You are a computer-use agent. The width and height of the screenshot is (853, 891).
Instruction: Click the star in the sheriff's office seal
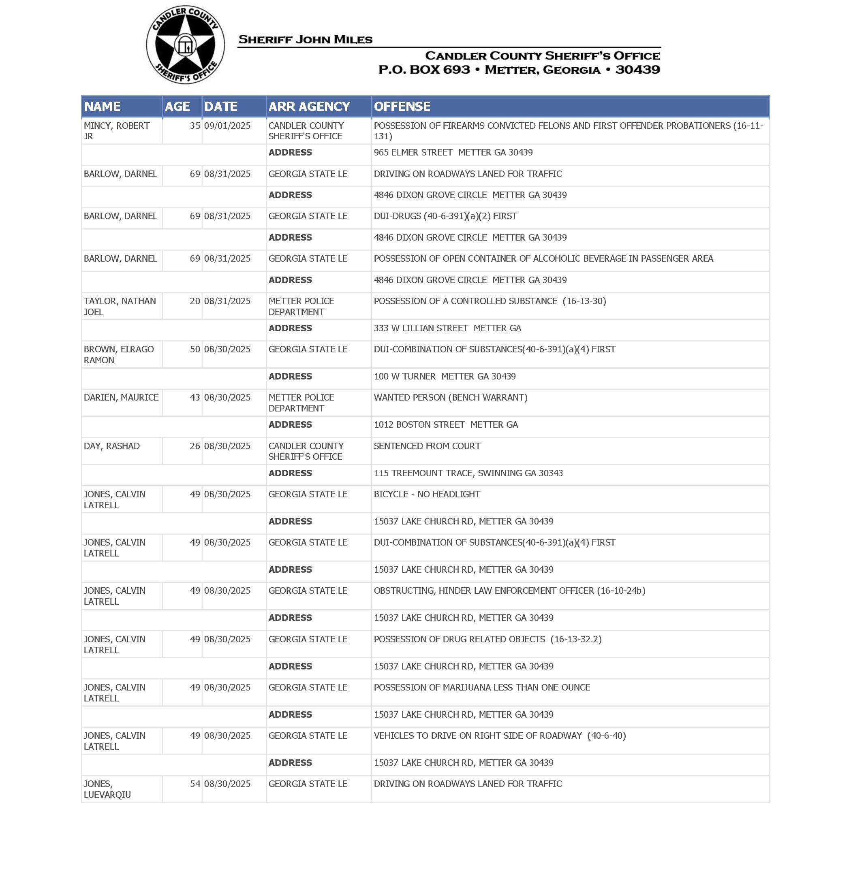(x=185, y=45)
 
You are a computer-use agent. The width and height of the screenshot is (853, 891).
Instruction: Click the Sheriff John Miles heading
(x=305, y=40)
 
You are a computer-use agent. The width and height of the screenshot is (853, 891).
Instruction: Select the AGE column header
(x=177, y=107)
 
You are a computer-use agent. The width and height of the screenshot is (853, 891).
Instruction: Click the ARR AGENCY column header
(x=309, y=107)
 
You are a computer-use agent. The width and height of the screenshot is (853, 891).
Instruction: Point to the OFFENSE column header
(x=402, y=107)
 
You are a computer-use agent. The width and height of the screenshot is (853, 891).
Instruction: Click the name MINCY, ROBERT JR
(x=116, y=131)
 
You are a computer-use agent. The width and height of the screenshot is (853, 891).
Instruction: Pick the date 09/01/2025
(x=227, y=126)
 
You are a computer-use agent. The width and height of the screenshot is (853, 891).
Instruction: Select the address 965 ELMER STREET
(x=453, y=153)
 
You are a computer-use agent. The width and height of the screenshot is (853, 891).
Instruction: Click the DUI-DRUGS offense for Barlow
(x=445, y=216)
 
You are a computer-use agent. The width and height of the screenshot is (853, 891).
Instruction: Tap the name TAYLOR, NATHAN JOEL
(x=120, y=306)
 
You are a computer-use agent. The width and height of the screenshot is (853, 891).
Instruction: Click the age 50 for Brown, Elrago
(x=195, y=350)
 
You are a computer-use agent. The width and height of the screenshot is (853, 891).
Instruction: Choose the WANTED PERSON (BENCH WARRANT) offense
(x=451, y=398)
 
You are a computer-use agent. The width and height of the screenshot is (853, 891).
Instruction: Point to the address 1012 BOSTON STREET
(x=446, y=425)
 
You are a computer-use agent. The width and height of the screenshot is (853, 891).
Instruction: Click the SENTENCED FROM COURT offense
(x=427, y=446)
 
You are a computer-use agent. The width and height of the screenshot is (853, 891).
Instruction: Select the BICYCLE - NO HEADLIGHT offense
(x=426, y=495)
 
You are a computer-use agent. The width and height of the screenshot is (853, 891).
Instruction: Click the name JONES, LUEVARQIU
(x=107, y=789)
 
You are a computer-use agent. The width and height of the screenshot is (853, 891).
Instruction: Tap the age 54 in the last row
(x=195, y=784)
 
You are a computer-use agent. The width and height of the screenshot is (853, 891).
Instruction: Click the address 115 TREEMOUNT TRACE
(x=468, y=473)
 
